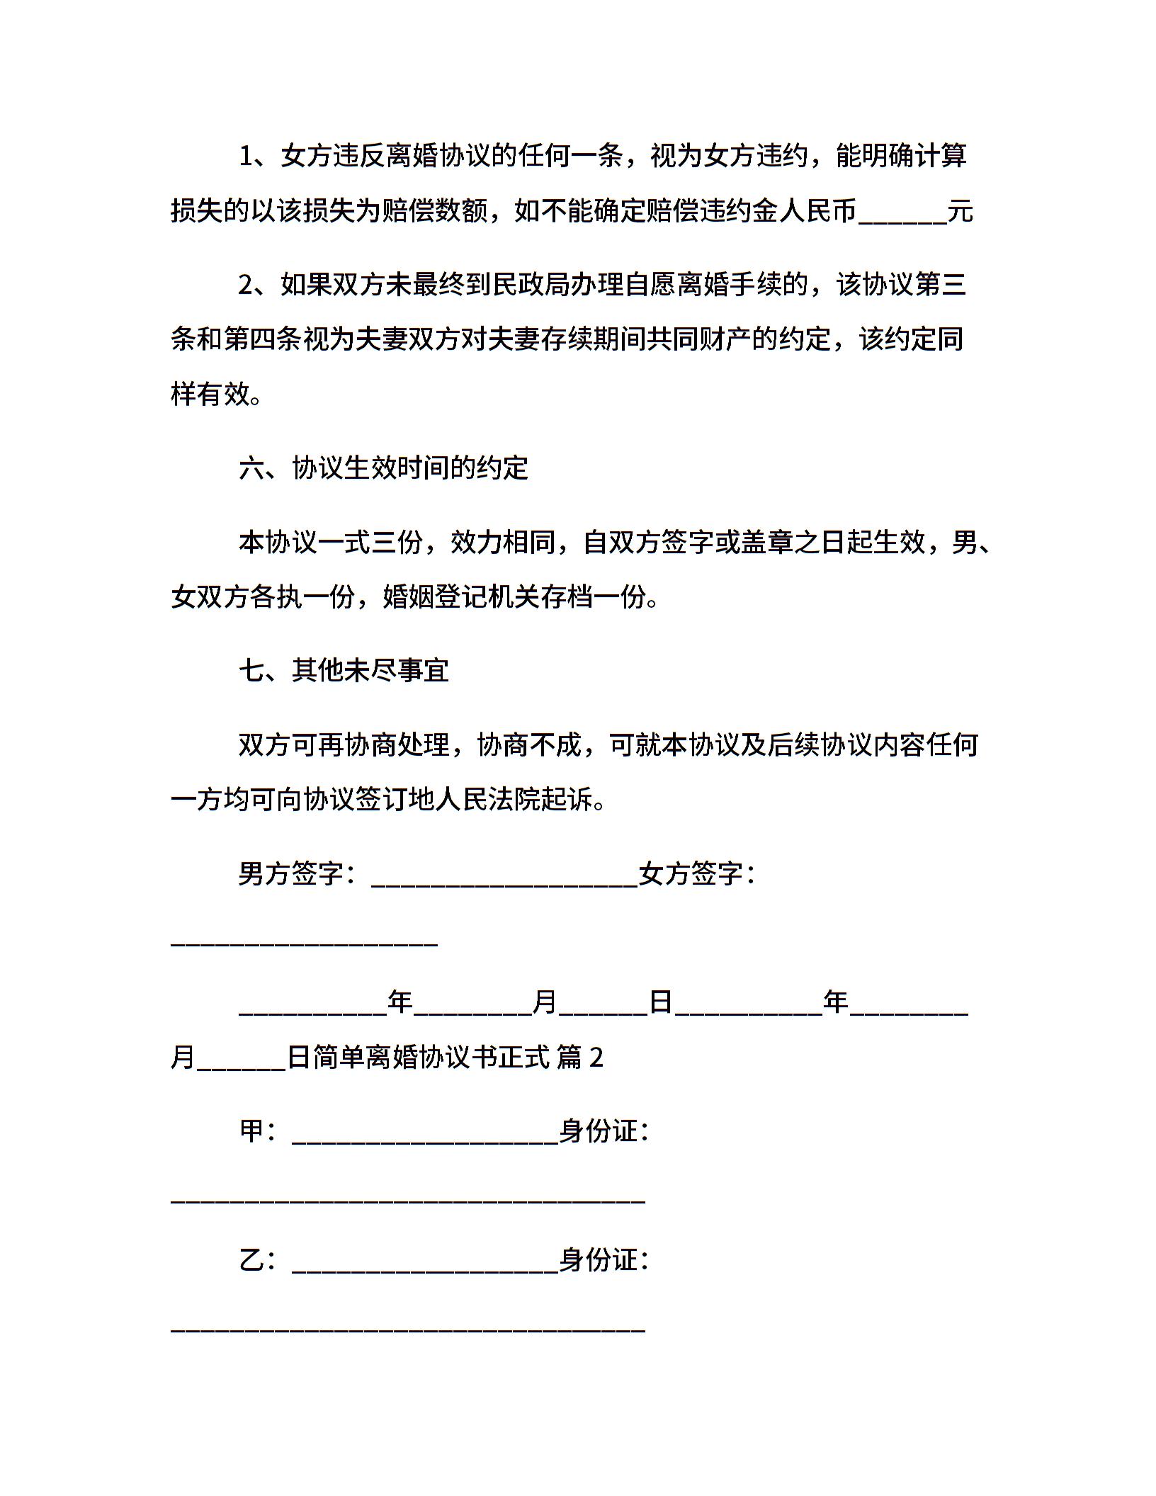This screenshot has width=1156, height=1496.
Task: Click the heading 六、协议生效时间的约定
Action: (383, 468)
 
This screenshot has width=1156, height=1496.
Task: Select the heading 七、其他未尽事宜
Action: (344, 670)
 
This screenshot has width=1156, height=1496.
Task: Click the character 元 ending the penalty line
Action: (960, 211)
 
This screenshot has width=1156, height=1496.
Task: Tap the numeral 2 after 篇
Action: (596, 1058)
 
